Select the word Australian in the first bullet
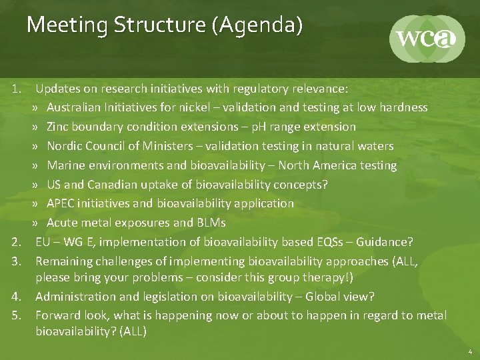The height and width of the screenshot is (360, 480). pos(74,107)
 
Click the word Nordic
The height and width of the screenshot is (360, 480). pos(65,145)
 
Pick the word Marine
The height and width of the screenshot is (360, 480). pos(66,165)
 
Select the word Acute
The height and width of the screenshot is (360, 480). pos(62,223)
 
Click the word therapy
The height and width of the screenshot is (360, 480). pos(327,277)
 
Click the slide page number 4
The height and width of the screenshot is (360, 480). pos(469,351)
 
